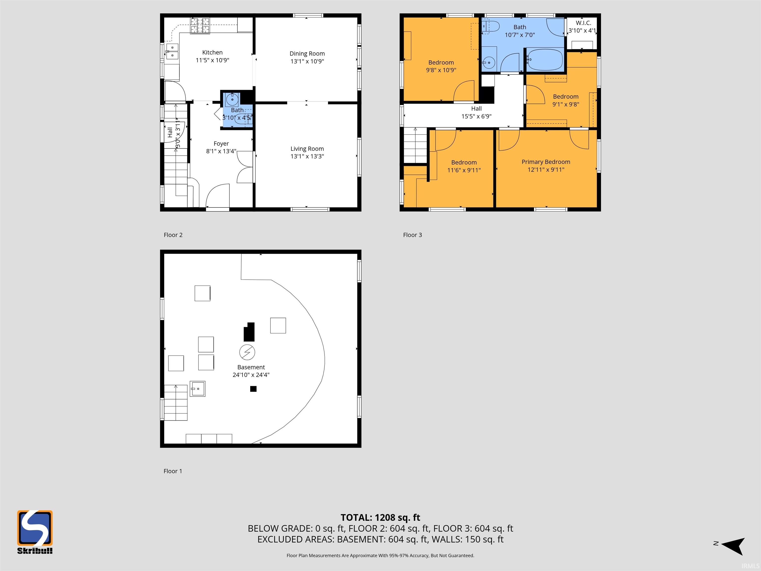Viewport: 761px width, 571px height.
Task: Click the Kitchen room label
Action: point(212,52)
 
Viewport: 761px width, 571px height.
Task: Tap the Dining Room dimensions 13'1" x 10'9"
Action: point(307,61)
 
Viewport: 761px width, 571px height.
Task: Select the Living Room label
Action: point(307,149)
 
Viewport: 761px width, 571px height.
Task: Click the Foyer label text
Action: point(221,143)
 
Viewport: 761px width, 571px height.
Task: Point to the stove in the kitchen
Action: point(200,26)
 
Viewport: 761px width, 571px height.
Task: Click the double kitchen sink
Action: point(172,51)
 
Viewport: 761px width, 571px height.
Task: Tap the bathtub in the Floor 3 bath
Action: point(544,59)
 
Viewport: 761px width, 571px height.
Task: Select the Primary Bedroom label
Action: point(546,162)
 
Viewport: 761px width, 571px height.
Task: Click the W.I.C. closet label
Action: point(583,23)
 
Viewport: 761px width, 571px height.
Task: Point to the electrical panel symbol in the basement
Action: point(247,352)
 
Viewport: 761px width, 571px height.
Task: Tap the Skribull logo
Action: point(35,532)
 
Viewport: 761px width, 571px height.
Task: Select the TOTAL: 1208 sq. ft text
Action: point(380,518)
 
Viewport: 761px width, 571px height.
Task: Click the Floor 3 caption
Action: point(412,235)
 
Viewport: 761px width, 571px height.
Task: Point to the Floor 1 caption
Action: point(173,471)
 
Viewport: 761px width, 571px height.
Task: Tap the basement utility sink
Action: point(197,389)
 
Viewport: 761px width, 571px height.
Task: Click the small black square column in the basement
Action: point(253,389)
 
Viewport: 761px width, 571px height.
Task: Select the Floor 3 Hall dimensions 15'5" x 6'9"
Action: point(476,116)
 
